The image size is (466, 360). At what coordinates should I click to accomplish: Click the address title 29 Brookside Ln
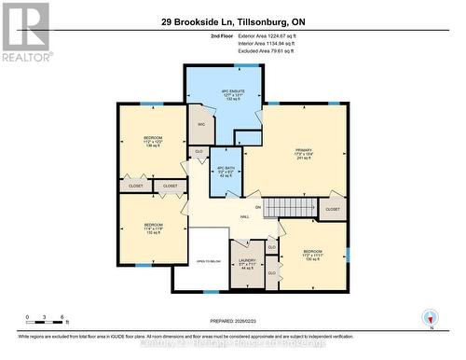(232, 20)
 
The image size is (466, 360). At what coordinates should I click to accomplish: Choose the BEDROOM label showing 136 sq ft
(153, 142)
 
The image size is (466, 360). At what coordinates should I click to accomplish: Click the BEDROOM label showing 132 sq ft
(153, 228)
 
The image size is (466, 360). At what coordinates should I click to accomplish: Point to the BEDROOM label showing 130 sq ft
(312, 254)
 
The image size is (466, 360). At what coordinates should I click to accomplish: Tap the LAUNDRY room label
(247, 265)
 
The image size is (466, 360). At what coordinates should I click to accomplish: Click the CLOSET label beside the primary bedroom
(331, 212)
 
